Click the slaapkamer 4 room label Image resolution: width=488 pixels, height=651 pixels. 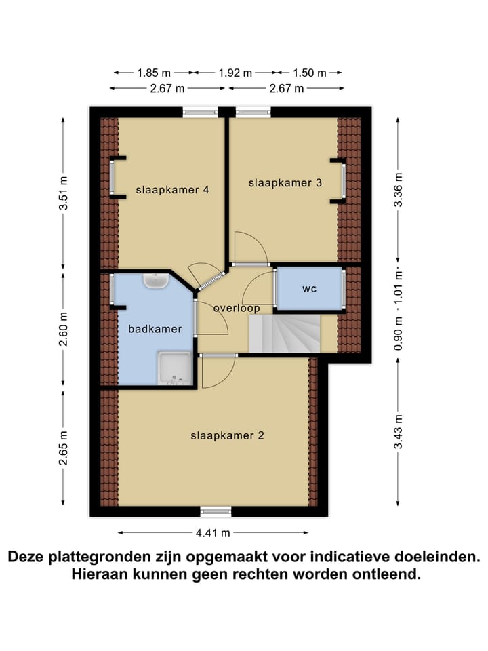[171, 190]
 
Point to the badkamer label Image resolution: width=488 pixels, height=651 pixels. [155, 329]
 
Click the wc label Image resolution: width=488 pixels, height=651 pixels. [310, 289]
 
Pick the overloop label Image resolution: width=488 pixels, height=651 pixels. [237, 308]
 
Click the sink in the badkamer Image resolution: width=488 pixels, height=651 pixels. [156, 280]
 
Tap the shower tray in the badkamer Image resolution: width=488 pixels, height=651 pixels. [174, 368]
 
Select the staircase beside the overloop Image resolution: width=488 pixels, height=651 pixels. [285, 334]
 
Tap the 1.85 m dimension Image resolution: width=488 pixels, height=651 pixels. [154, 73]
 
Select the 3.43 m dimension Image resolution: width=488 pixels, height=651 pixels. [399, 431]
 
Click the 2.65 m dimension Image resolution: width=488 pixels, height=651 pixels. [64, 448]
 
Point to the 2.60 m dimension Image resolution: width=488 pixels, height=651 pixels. [64, 329]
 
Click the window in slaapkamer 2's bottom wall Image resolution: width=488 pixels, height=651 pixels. [216, 511]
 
